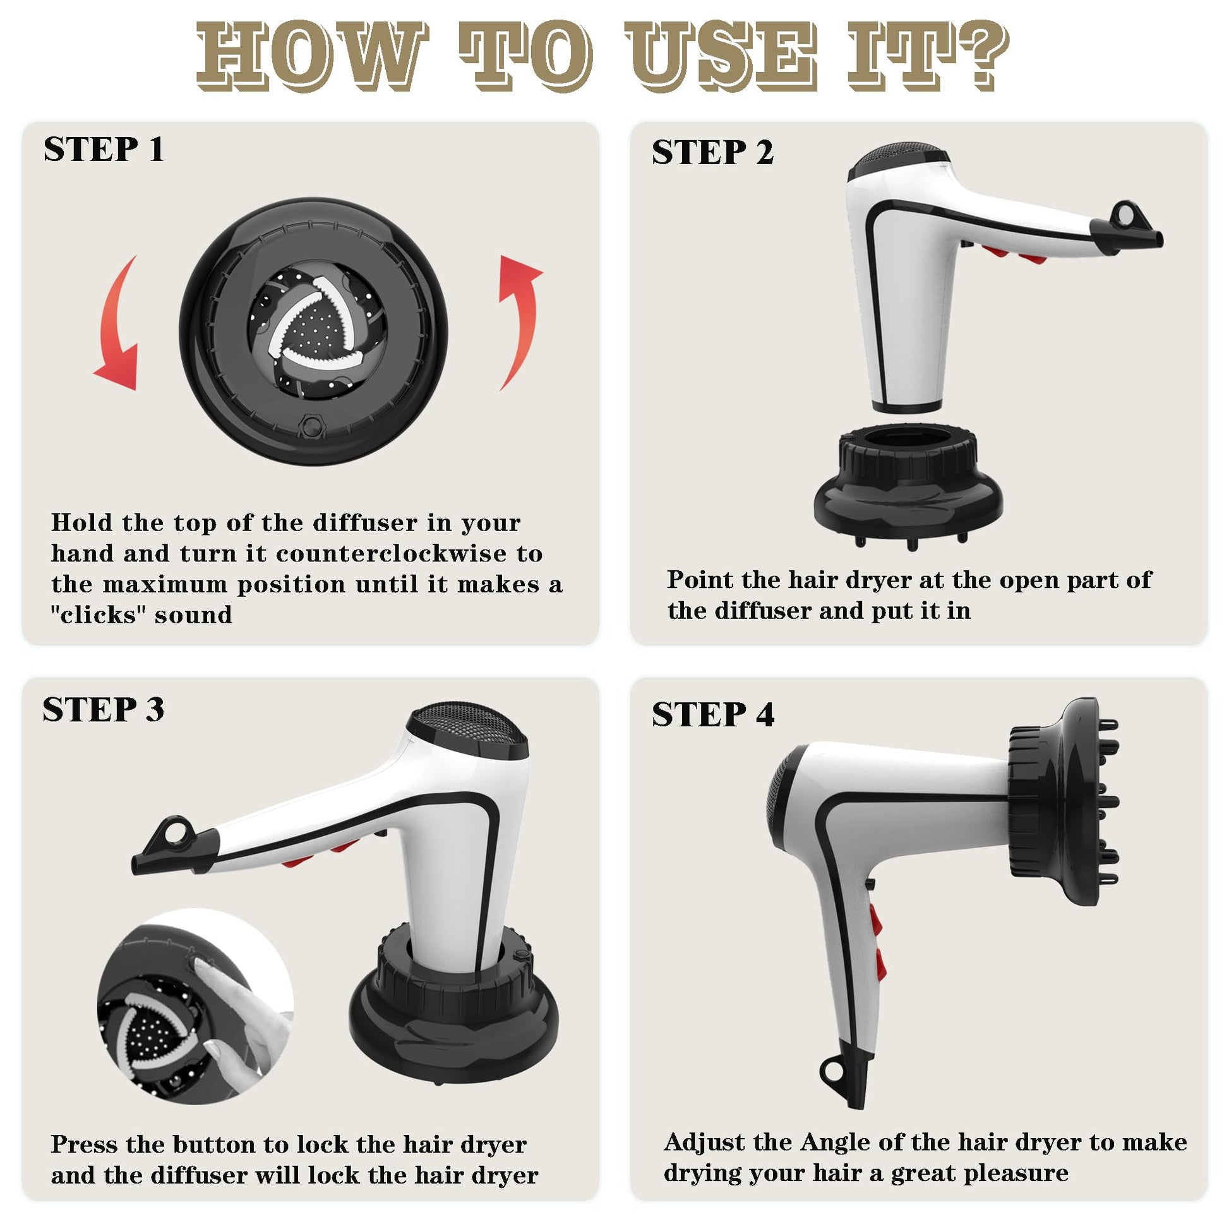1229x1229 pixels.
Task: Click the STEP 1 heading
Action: click(104, 150)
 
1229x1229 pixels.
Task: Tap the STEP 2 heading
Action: click(712, 153)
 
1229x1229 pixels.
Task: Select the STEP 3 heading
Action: click(103, 709)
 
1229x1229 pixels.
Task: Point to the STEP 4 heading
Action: click(713, 714)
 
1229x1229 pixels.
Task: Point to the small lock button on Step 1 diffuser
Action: click(312, 426)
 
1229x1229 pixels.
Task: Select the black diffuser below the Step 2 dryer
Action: click(908, 487)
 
